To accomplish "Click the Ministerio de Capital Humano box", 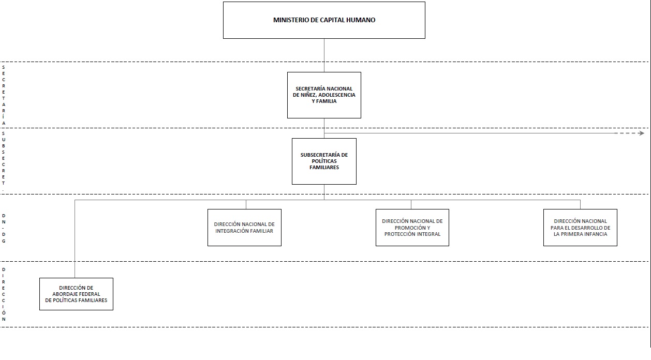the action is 324,20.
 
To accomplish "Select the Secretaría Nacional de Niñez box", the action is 324,95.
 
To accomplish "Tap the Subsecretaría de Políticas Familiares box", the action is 324,161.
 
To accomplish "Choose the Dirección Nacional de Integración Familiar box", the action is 244,228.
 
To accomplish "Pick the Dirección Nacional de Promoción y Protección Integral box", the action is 412,228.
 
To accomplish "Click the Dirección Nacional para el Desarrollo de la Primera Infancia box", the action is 581,228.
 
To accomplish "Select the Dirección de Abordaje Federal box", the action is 76,294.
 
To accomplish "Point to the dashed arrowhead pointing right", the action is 641,133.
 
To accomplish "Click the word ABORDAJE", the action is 64,294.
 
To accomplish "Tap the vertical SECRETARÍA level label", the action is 4,95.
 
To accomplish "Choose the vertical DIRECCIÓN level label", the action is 4,294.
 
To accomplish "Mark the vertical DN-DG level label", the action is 4,229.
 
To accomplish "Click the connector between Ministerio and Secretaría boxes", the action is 324,55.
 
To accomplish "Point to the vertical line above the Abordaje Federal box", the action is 75,239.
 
